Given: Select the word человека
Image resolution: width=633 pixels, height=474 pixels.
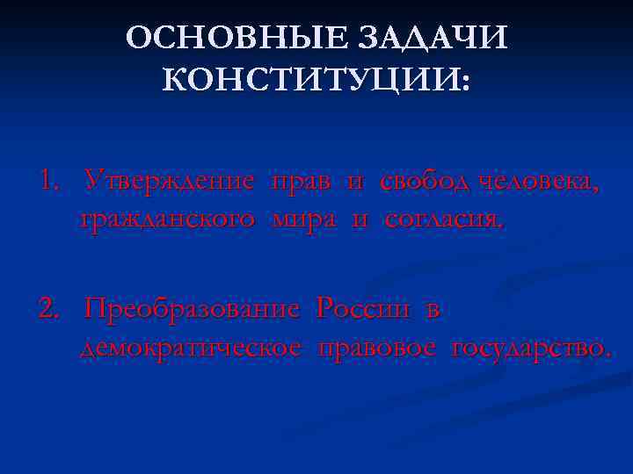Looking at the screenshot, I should click(x=540, y=183).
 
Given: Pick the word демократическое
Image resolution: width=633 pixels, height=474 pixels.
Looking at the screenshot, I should click(x=193, y=348).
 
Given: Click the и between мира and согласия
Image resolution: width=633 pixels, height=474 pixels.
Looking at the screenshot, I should click(x=360, y=219).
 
